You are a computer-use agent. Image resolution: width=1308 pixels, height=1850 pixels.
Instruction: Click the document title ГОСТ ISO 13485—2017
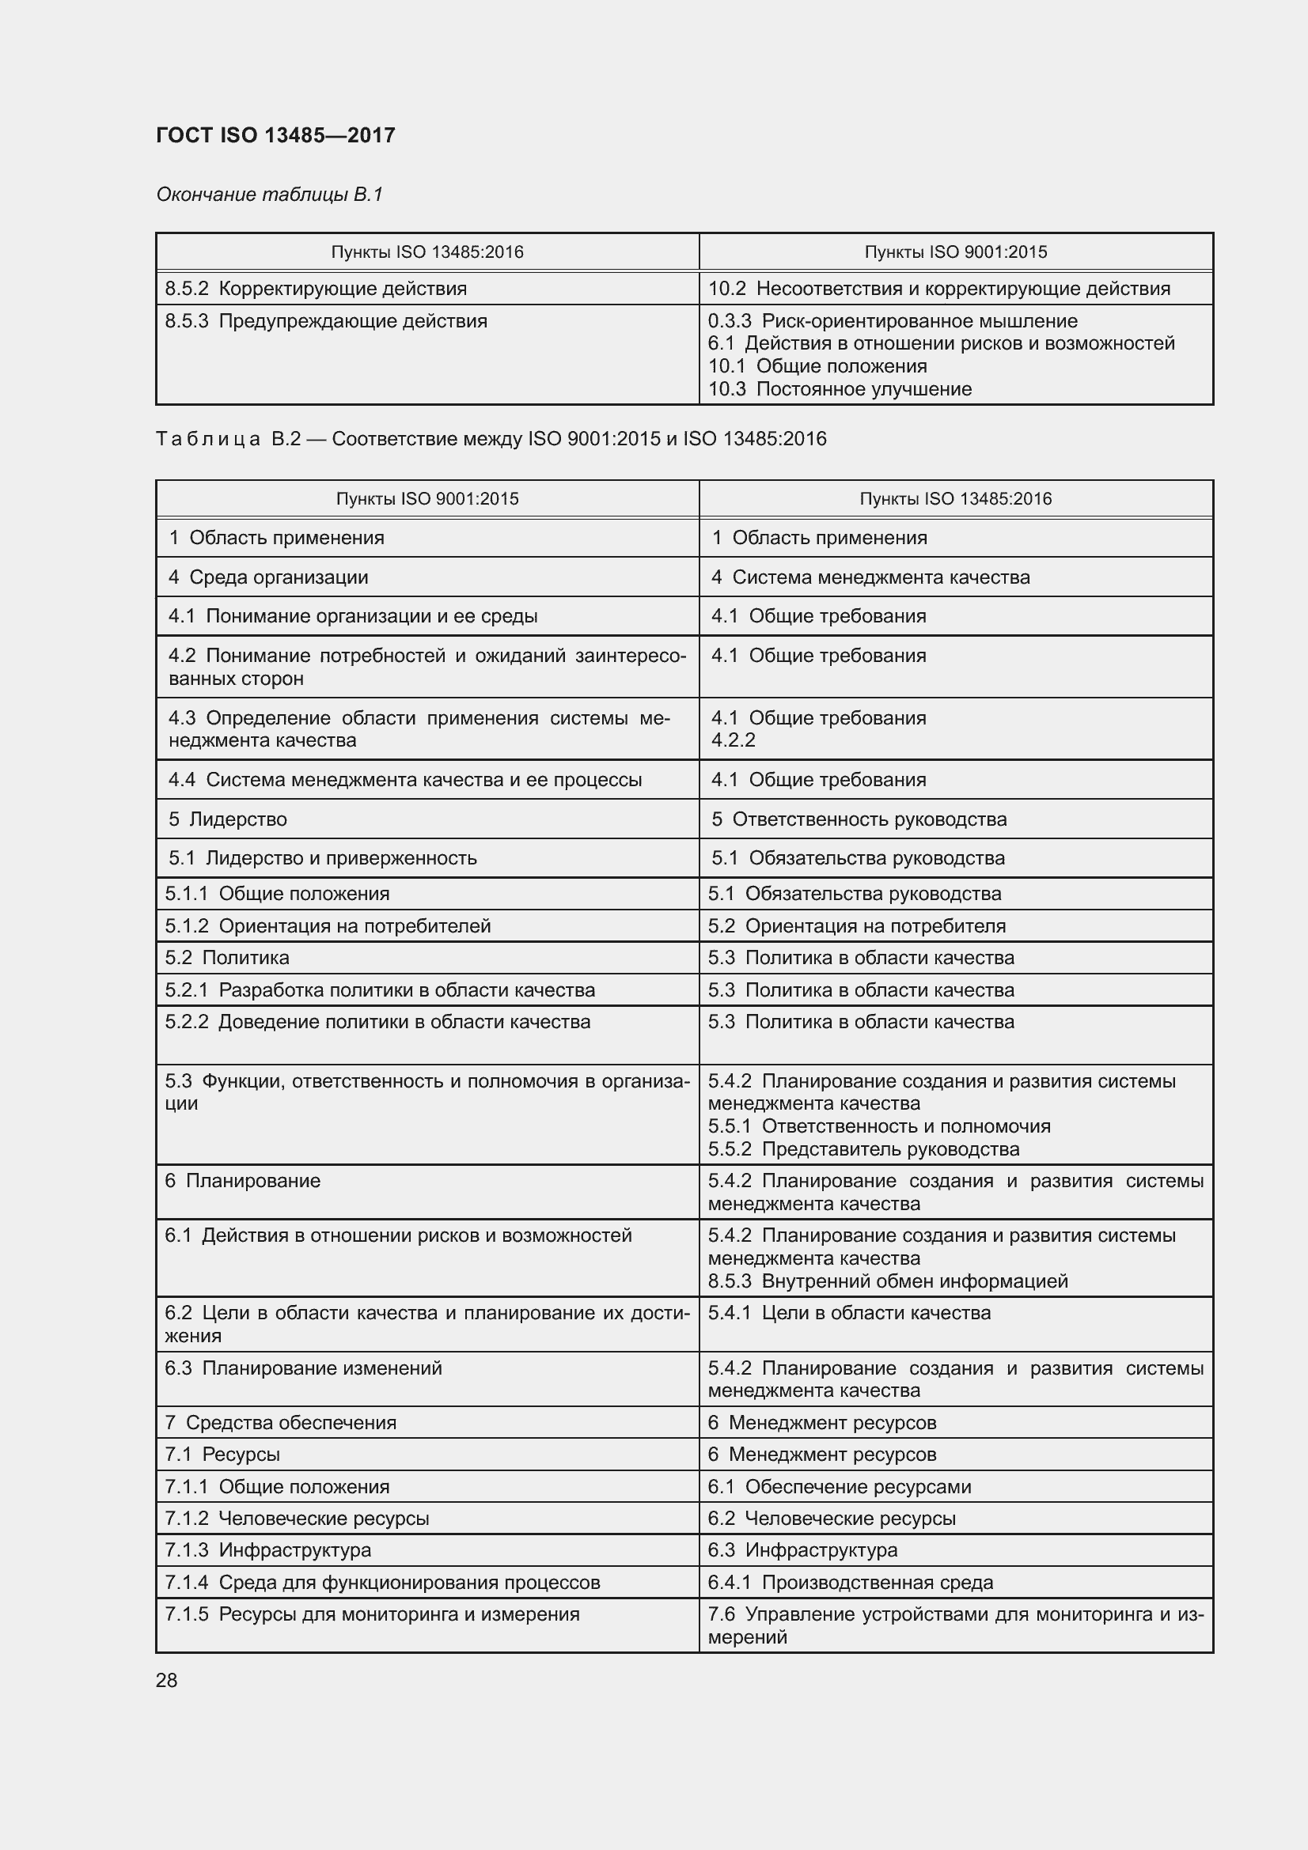pyautogui.click(x=275, y=134)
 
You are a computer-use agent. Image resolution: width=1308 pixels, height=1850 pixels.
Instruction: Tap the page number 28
pyautogui.click(x=167, y=1680)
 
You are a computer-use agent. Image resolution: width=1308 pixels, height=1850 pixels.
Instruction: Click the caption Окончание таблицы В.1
pyautogui.click(x=269, y=195)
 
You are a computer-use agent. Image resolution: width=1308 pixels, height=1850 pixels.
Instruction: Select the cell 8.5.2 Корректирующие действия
pyautogui.click(x=316, y=289)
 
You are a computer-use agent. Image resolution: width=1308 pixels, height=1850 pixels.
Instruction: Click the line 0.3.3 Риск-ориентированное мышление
pyautogui.click(x=892, y=320)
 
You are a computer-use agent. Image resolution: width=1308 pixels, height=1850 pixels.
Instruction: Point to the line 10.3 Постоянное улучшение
pyautogui.click(x=840, y=389)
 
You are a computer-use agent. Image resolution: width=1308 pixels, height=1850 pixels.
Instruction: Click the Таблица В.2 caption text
pyautogui.click(x=491, y=439)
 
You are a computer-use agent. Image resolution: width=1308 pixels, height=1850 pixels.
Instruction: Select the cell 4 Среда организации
pyautogui.click(x=268, y=577)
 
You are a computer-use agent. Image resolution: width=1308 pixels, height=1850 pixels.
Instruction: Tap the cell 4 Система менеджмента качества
pyautogui.click(x=870, y=577)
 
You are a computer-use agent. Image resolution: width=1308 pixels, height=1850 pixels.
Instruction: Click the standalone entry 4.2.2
pyautogui.click(x=734, y=740)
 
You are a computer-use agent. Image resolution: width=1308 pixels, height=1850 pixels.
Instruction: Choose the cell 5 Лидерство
pyautogui.click(x=228, y=819)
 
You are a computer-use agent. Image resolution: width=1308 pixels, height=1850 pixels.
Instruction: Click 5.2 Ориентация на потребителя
pyautogui.click(x=857, y=926)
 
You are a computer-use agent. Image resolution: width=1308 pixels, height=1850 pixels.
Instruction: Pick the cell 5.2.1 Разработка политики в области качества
pyautogui.click(x=380, y=989)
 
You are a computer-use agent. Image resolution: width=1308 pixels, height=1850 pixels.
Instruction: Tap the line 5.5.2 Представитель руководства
pyautogui.click(x=863, y=1149)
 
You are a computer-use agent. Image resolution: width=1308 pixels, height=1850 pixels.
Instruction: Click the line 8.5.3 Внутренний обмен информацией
pyautogui.click(x=887, y=1281)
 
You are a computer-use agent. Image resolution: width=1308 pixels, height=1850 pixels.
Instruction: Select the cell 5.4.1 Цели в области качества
pyautogui.click(x=849, y=1313)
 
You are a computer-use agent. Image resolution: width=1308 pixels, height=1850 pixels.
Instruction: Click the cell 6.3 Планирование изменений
pyautogui.click(x=303, y=1368)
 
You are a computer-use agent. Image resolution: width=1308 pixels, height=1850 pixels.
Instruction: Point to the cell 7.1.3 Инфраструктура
pyautogui.click(x=267, y=1549)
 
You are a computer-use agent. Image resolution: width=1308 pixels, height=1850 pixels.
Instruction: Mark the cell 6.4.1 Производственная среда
pyautogui.click(x=851, y=1582)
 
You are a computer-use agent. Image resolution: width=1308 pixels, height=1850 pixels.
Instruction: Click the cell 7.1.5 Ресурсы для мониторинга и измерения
pyautogui.click(x=372, y=1614)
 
